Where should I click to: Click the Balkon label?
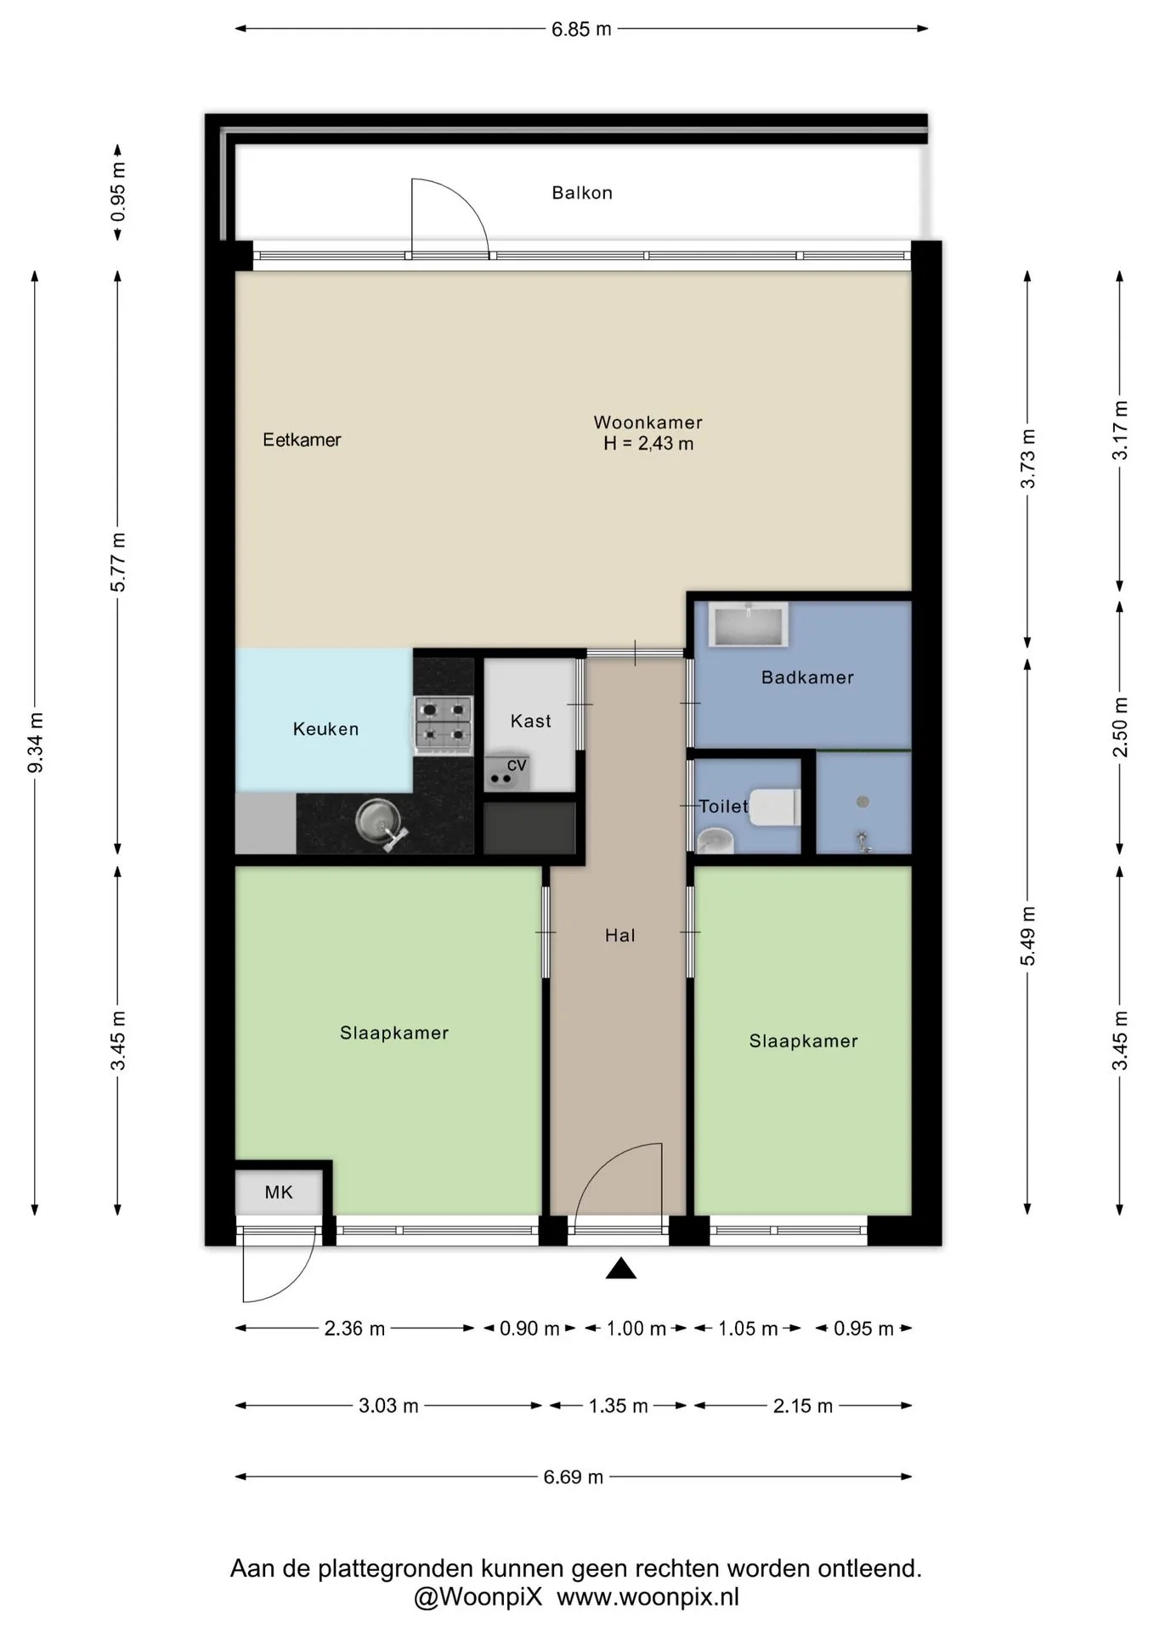pos(582,193)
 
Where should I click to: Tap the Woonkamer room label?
pos(648,422)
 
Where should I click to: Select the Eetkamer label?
pos(302,439)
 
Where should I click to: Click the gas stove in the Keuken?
pos(444,725)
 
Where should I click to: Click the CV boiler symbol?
pos(507,772)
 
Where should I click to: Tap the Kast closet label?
pos(531,721)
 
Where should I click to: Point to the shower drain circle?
pos(863,802)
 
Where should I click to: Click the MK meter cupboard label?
pos(279,1193)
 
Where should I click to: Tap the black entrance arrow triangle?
pos(621,1268)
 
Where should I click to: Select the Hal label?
pos(620,935)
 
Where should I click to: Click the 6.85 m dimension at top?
pos(581,29)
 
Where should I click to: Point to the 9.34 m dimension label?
pos(36,743)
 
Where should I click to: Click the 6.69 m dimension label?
pos(574,1476)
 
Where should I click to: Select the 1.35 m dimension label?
pos(619,1405)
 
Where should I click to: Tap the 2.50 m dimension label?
pos(1121,727)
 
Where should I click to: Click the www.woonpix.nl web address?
pos(648,1597)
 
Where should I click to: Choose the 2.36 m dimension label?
pos(354,1328)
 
